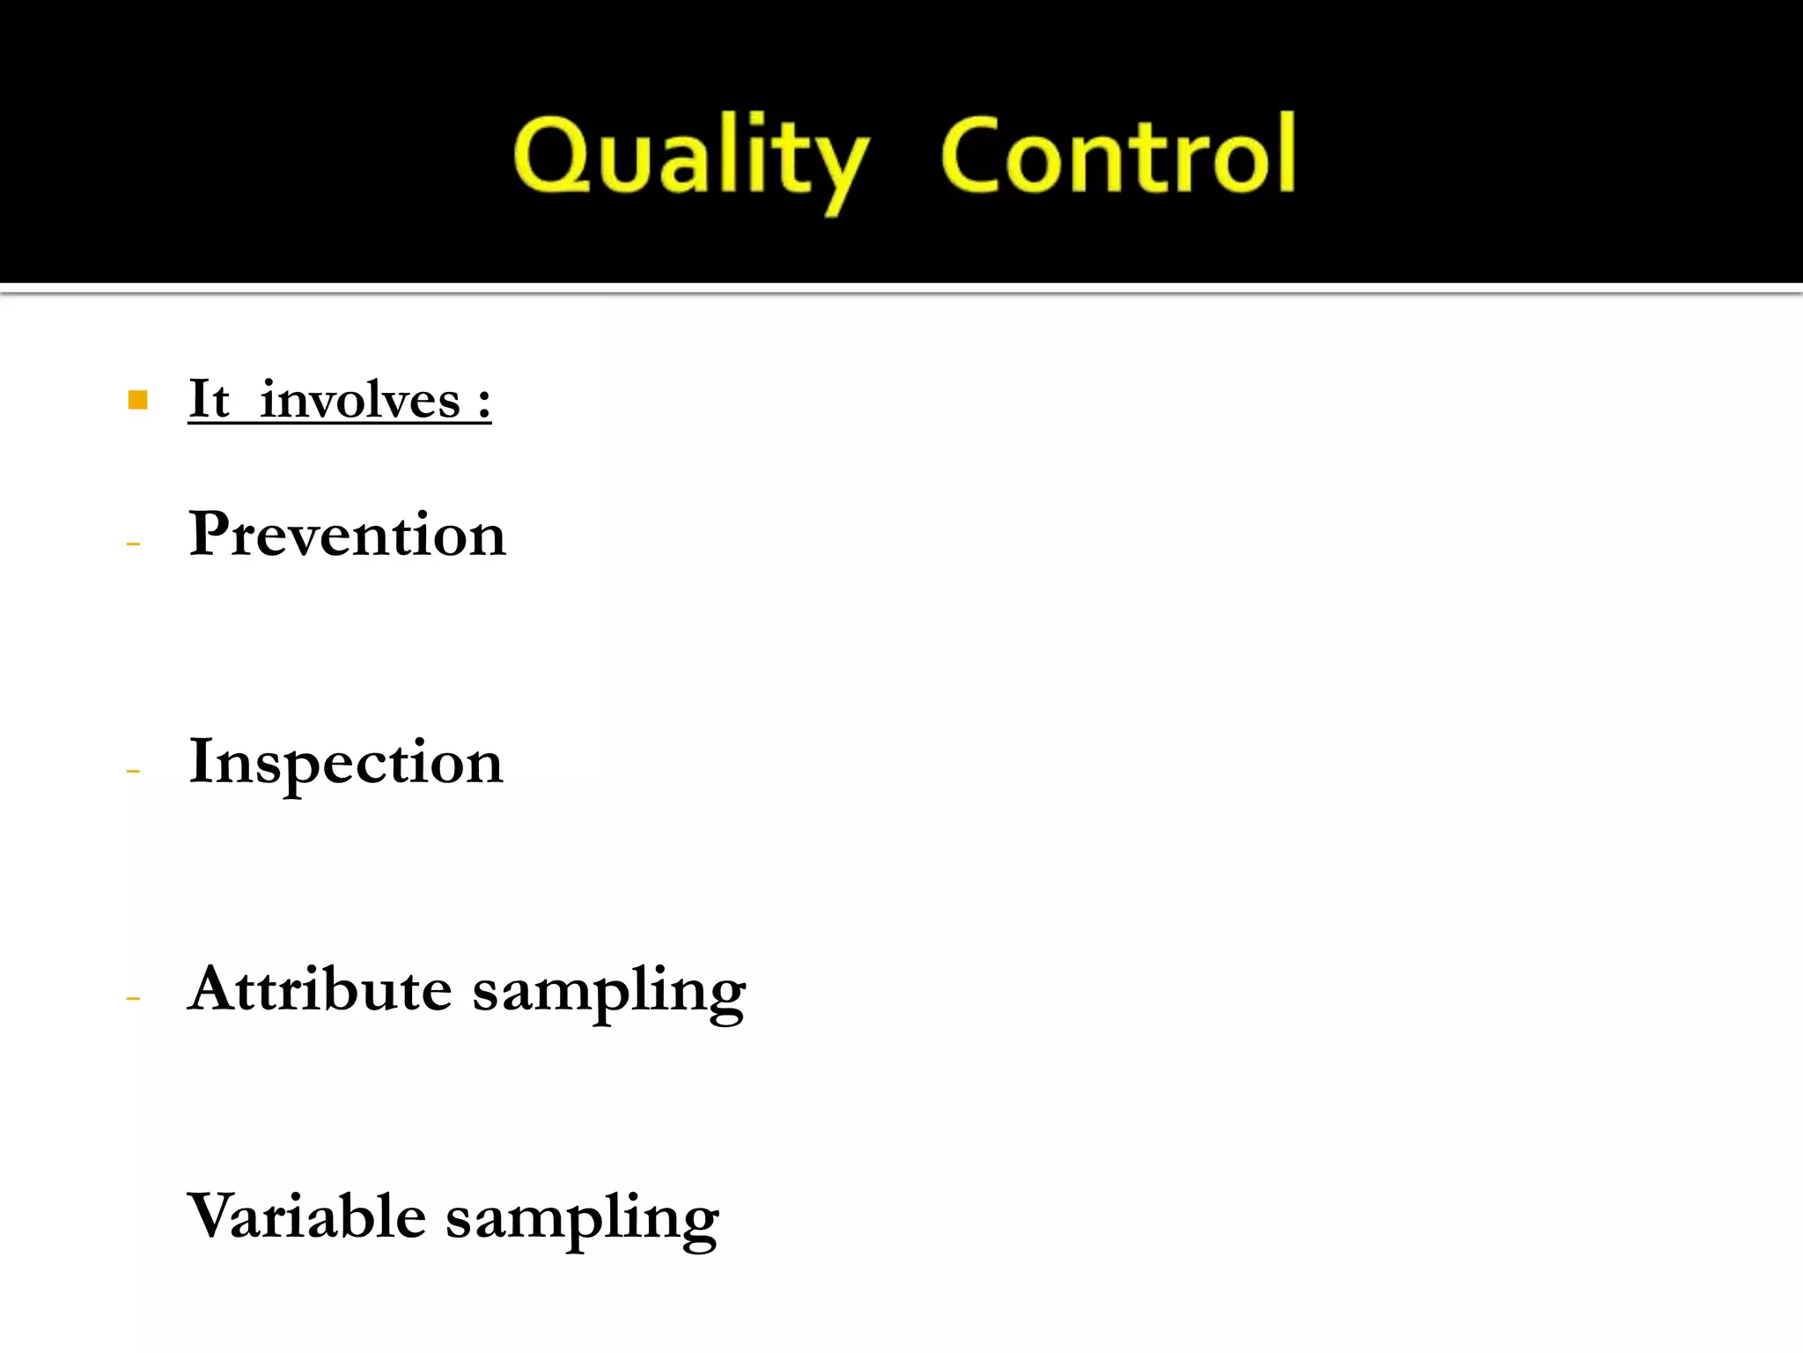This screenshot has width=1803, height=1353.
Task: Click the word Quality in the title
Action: coord(690,159)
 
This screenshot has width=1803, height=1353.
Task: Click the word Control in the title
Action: coord(1118,157)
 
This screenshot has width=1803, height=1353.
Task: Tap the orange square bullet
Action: coord(137,401)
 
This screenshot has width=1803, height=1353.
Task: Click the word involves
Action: coord(360,401)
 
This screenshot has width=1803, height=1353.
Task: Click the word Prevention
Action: coord(348,534)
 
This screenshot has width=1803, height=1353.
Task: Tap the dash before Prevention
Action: coord(134,544)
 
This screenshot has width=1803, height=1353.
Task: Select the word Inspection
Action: coord(346,763)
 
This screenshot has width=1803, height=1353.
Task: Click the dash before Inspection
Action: coord(134,772)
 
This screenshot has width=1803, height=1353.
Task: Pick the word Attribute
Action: coord(320,988)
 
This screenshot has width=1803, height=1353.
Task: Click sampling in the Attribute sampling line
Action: coord(609,994)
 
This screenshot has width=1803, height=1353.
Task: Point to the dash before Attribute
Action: coord(134,999)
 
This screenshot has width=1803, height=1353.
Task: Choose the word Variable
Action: coord(307,1216)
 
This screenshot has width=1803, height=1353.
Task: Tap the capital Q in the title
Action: coord(552,157)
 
